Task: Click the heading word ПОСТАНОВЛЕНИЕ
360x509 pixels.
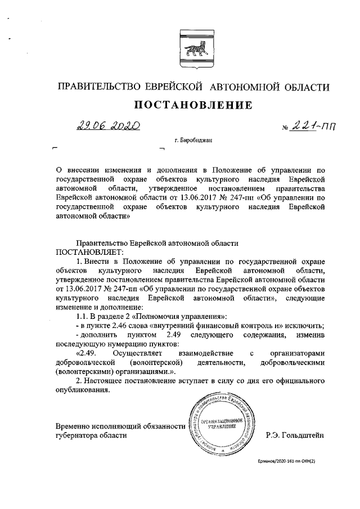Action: [x=192, y=105]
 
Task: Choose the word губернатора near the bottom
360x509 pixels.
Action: [x=80, y=434]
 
